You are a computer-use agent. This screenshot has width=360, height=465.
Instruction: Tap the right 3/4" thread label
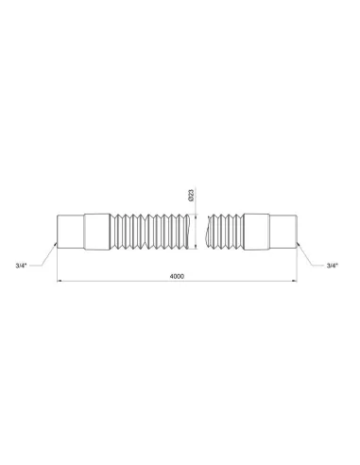point(332,267)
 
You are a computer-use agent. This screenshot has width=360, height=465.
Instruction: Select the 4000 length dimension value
point(177,275)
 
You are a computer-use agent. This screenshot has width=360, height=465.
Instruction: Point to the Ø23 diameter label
point(191,197)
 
